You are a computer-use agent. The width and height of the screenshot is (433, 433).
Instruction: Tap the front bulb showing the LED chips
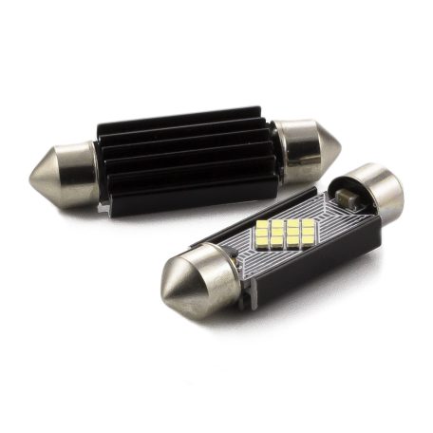click(275, 247)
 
